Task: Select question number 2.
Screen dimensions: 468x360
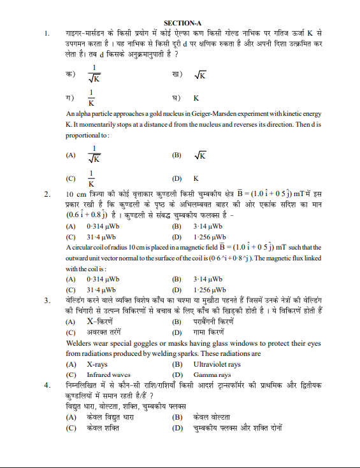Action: coord(47,194)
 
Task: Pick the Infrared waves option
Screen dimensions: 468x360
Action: coord(104,375)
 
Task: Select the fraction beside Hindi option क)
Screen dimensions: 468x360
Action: coord(94,74)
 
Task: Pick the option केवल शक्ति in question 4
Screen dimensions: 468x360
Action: coord(103,428)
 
